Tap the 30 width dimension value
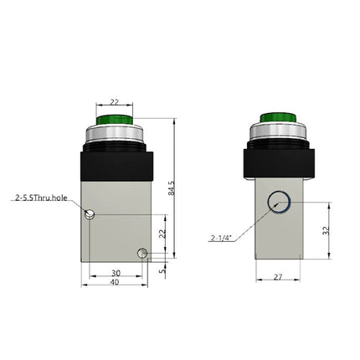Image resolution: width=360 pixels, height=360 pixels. [114, 273]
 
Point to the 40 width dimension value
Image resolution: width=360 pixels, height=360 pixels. [115, 282]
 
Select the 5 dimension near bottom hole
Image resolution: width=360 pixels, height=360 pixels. [164, 270]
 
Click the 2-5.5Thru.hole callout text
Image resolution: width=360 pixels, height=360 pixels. [40, 198]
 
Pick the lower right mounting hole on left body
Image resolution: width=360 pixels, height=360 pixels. [143, 253]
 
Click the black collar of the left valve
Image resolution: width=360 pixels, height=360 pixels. [116, 164]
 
